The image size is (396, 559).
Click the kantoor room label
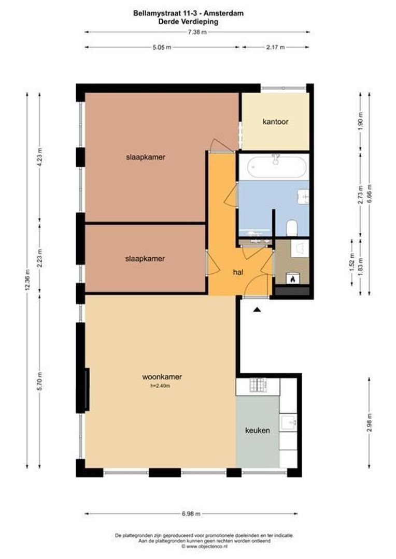click(x=275, y=122)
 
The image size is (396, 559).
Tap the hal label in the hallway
click(x=238, y=271)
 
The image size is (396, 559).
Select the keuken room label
click(x=258, y=430)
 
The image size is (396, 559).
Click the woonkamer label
click(x=162, y=377)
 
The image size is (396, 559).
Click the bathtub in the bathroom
click(x=273, y=167)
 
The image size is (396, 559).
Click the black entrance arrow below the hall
click(x=257, y=310)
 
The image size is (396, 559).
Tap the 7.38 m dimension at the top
click(x=197, y=32)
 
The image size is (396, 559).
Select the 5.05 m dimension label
click(x=162, y=47)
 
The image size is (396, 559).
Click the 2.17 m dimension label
click(x=275, y=47)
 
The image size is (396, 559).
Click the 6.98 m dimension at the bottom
click(x=192, y=513)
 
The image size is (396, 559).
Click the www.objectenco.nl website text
click(x=200, y=546)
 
